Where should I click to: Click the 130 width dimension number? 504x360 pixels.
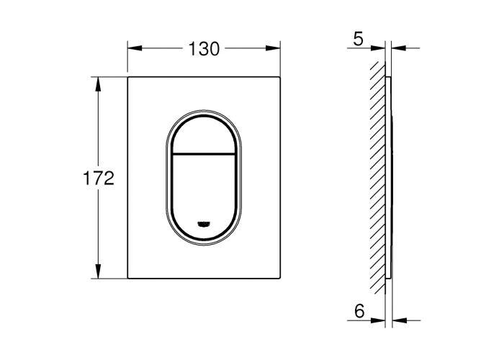click(x=204, y=49)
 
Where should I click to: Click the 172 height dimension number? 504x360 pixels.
click(x=99, y=178)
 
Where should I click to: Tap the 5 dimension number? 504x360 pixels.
click(x=358, y=39)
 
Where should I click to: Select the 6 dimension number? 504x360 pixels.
click(x=359, y=311)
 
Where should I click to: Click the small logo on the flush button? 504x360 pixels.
click(x=204, y=224)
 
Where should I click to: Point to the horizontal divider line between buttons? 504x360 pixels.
click(x=204, y=153)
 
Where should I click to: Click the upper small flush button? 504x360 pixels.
click(x=204, y=135)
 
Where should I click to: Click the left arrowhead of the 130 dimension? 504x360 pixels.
click(x=135, y=48)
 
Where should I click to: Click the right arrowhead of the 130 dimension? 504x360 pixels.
click(x=273, y=48)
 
